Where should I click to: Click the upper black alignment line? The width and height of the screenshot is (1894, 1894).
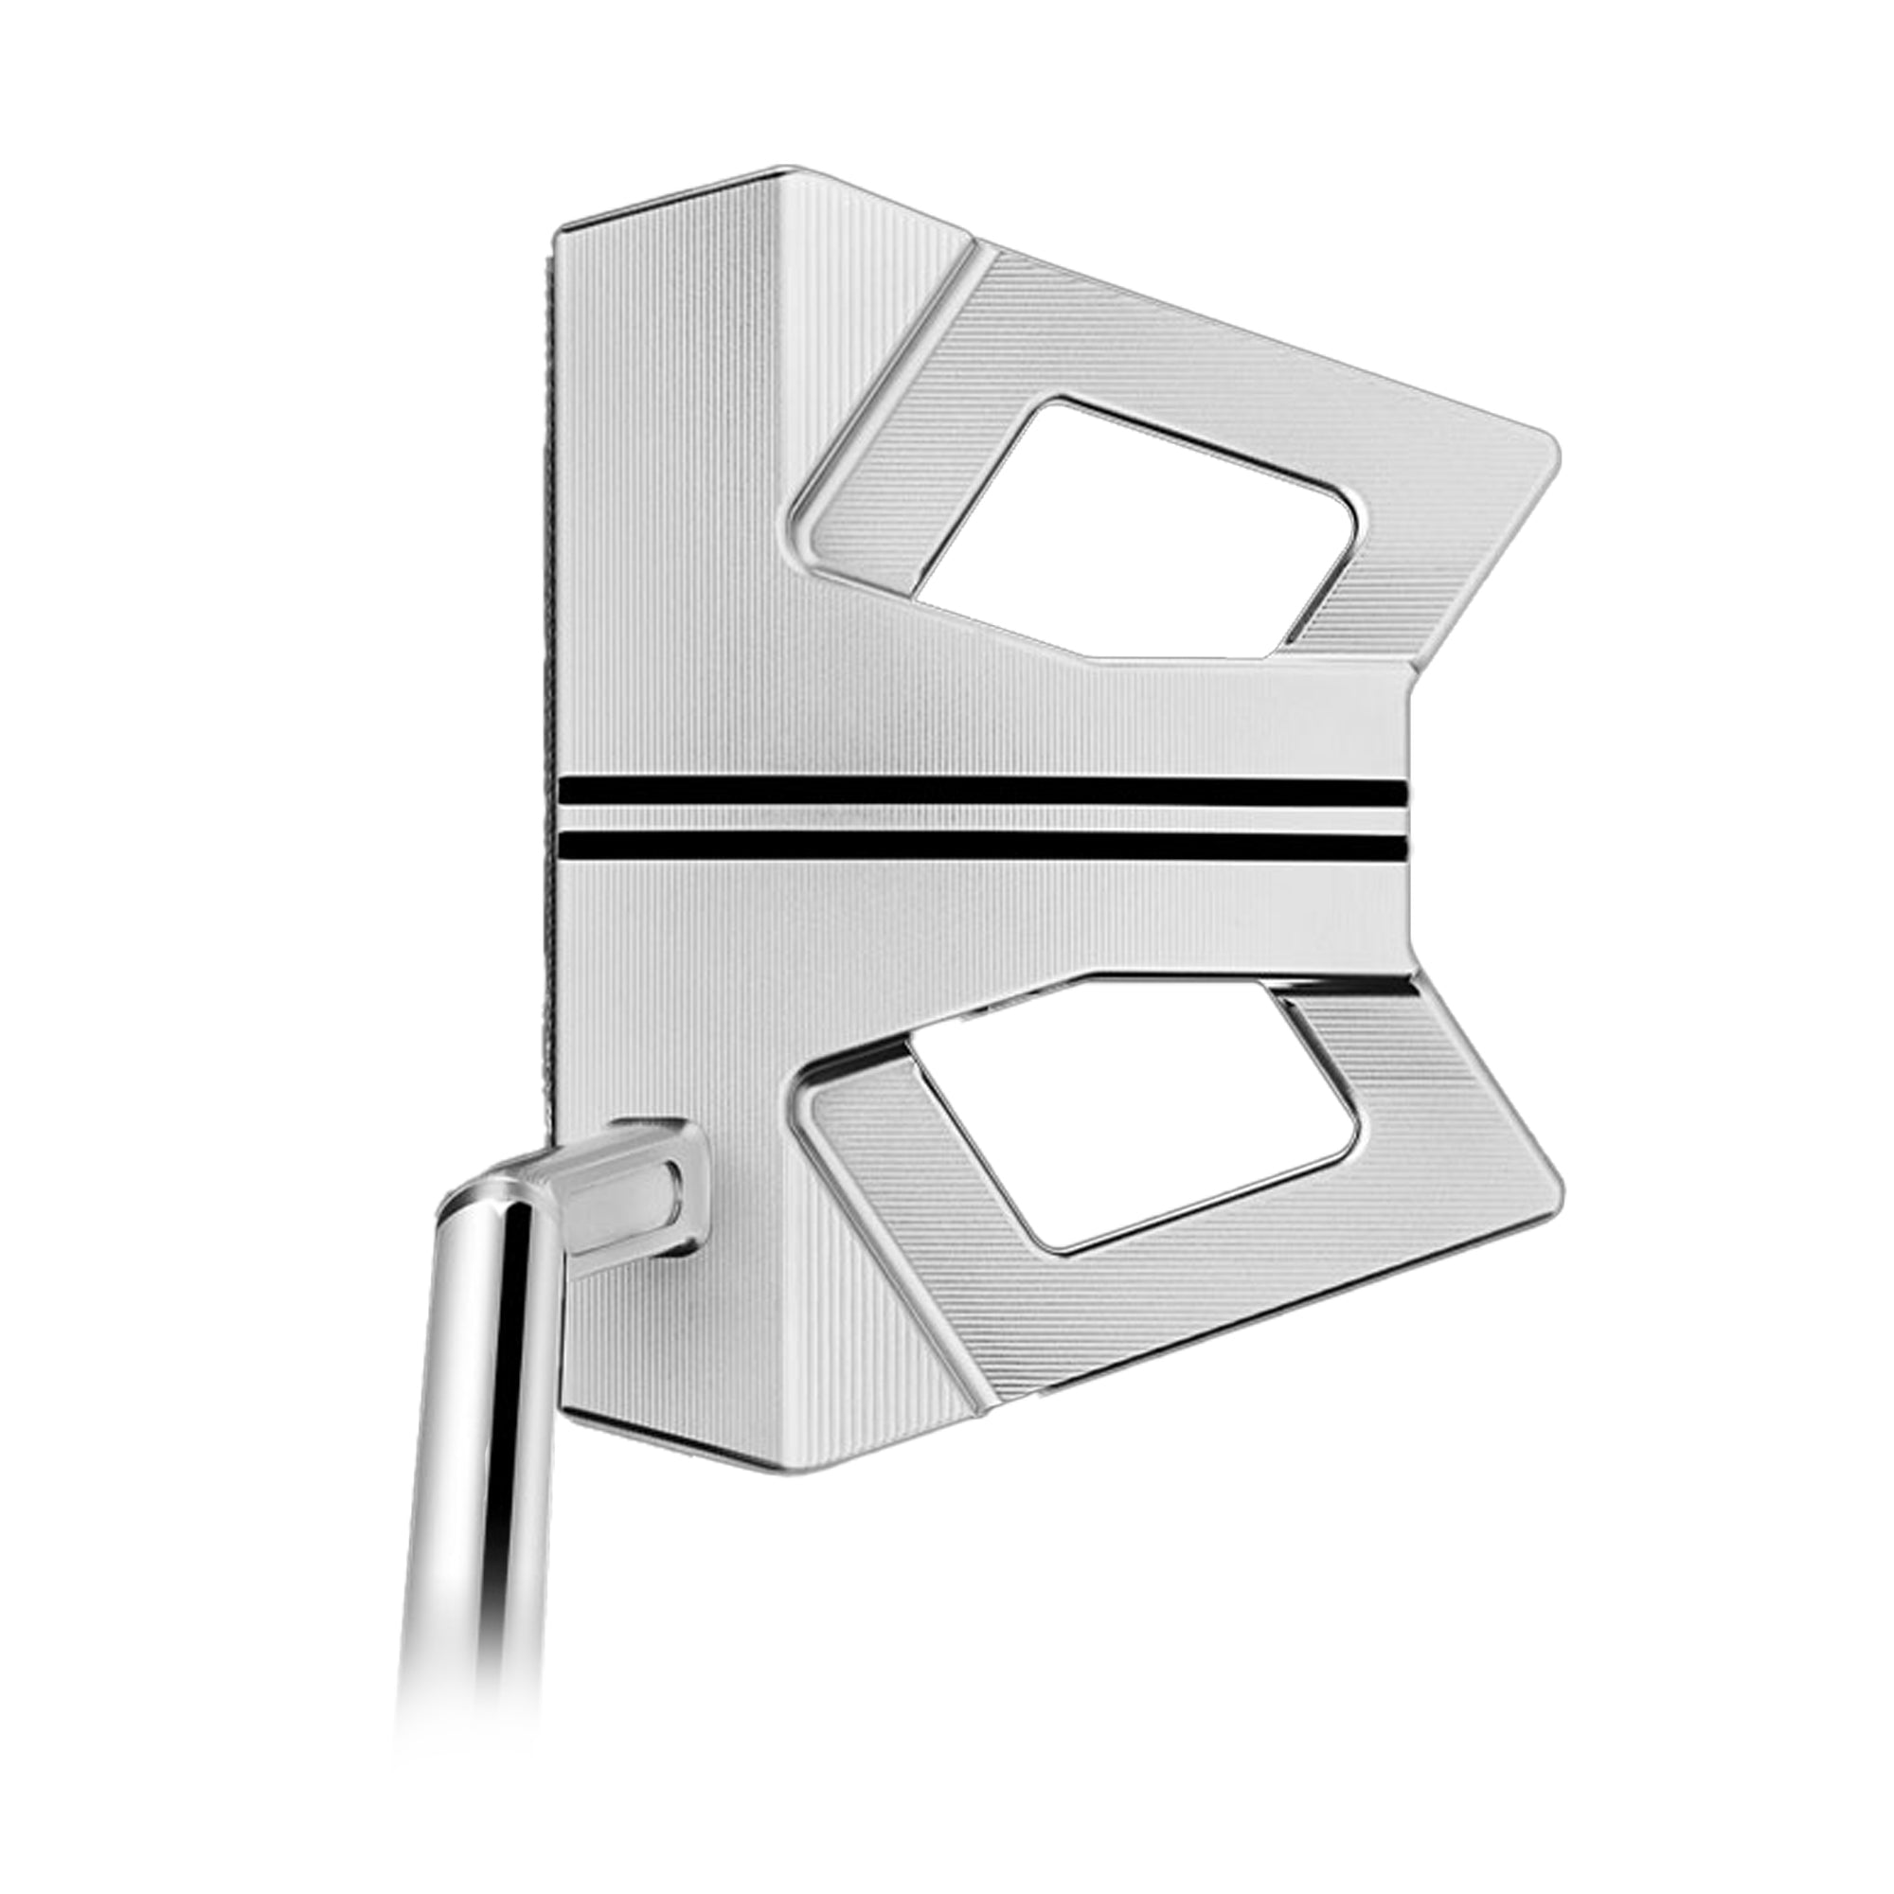pyautogui.click(x=980, y=792)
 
